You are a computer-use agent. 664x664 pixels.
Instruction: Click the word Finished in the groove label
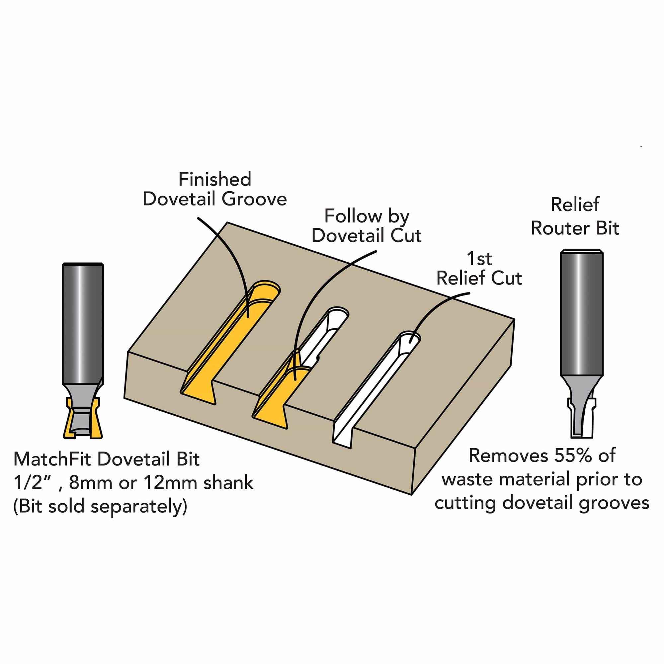[x=215, y=179]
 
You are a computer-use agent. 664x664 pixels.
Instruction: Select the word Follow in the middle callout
[x=353, y=216]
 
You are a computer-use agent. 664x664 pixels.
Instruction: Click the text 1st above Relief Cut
[x=479, y=259]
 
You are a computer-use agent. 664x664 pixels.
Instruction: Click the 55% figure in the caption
[x=573, y=456]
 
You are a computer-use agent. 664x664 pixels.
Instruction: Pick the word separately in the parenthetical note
[x=139, y=506]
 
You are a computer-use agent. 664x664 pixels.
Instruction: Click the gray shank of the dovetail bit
[x=83, y=323]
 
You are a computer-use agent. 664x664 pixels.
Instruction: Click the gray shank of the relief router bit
[x=582, y=313]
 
